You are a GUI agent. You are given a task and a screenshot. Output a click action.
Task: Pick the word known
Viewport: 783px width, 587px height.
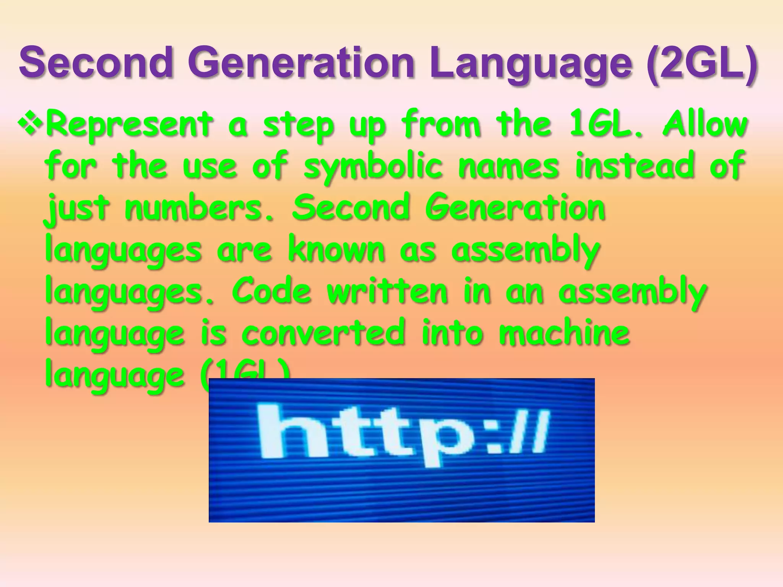(x=336, y=249)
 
